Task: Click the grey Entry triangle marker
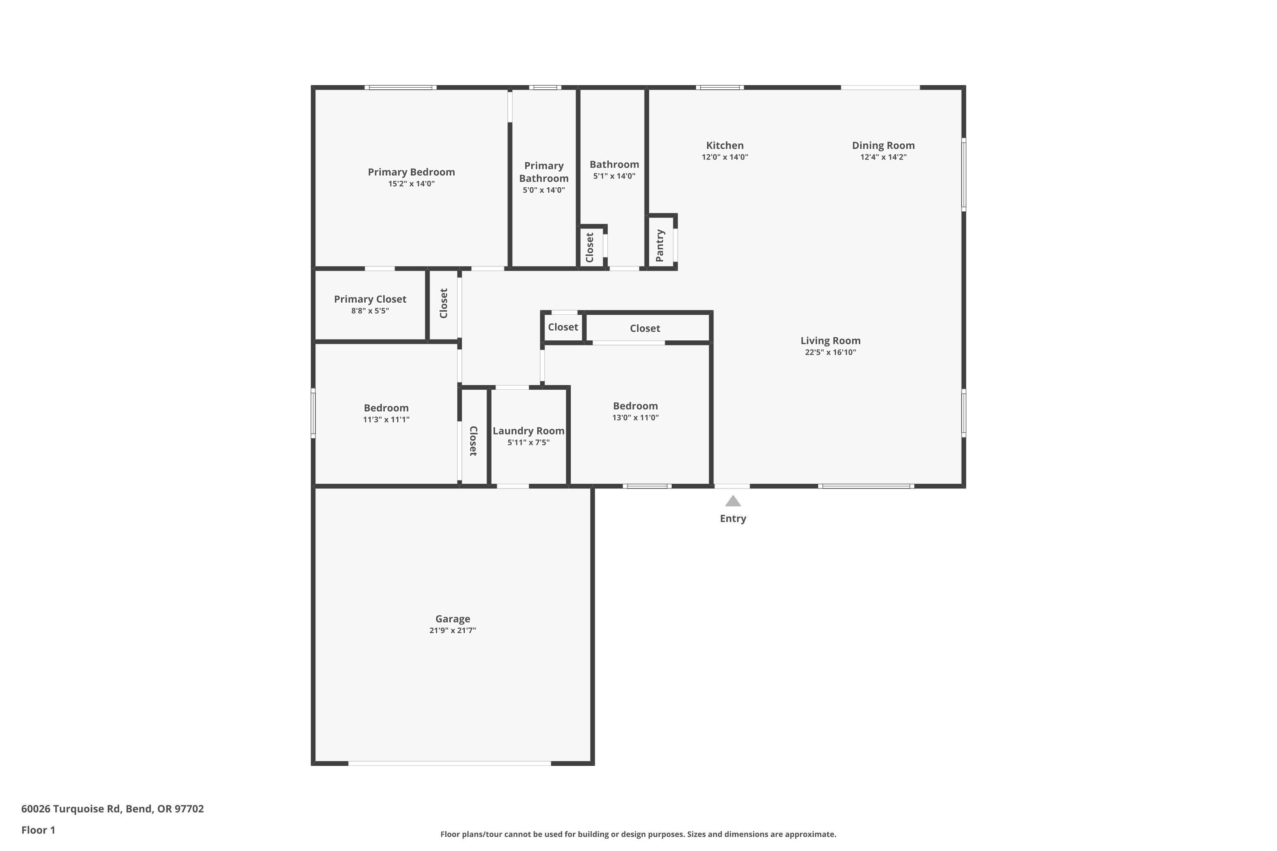[733, 501]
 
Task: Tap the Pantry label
[660, 246]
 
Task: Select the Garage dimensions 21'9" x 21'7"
[452, 630]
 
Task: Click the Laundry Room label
[528, 430]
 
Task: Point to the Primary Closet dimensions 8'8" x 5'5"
[370, 311]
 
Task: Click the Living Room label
[830, 340]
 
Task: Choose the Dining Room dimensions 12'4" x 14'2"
[883, 157]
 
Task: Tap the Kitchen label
[724, 145]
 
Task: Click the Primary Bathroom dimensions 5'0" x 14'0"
[544, 190]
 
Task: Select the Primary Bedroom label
[411, 171]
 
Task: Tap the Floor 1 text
[38, 830]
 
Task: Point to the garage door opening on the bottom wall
[450, 763]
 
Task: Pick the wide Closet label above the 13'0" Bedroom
[644, 328]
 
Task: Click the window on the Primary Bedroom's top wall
[400, 87]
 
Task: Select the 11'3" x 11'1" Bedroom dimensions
[386, 420]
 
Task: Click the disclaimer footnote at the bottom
[638, 834]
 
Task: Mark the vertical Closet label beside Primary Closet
[444, 303]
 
